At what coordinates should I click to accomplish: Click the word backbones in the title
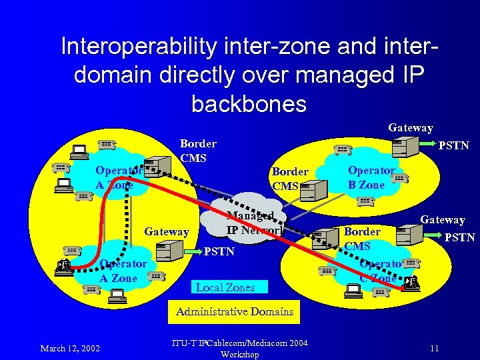coord(249,104)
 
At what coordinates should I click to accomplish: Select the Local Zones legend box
coord(225,287)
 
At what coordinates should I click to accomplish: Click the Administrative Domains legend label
coord(235,311)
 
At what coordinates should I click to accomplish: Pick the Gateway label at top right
coord(411,127)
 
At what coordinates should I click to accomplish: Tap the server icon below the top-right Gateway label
coord(403,146)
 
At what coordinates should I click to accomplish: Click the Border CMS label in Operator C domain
coord(363,238)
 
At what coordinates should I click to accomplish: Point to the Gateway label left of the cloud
coord(167,231)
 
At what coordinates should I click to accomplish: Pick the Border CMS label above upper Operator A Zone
coord(198,151)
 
